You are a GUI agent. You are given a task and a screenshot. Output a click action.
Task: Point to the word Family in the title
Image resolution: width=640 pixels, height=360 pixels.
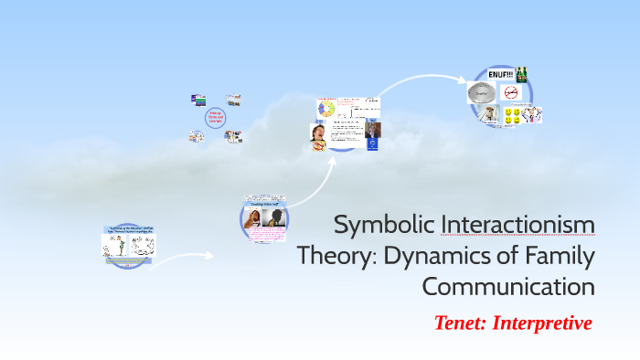tap(548, 256)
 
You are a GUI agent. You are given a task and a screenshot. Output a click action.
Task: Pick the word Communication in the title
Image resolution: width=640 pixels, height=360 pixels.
tap(508, 286)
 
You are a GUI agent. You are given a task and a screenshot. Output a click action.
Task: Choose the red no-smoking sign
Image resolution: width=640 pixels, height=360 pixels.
tap(510, 93)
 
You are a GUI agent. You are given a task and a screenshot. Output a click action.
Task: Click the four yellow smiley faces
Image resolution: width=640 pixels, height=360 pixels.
tap(512, 115)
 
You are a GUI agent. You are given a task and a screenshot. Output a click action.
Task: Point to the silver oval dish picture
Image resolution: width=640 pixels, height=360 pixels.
tap(480, 92)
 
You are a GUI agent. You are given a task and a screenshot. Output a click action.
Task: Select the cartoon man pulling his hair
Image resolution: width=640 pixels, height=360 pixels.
tap(531, 114)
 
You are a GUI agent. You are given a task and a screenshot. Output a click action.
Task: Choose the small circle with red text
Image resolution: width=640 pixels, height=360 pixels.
tap(216, 119)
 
